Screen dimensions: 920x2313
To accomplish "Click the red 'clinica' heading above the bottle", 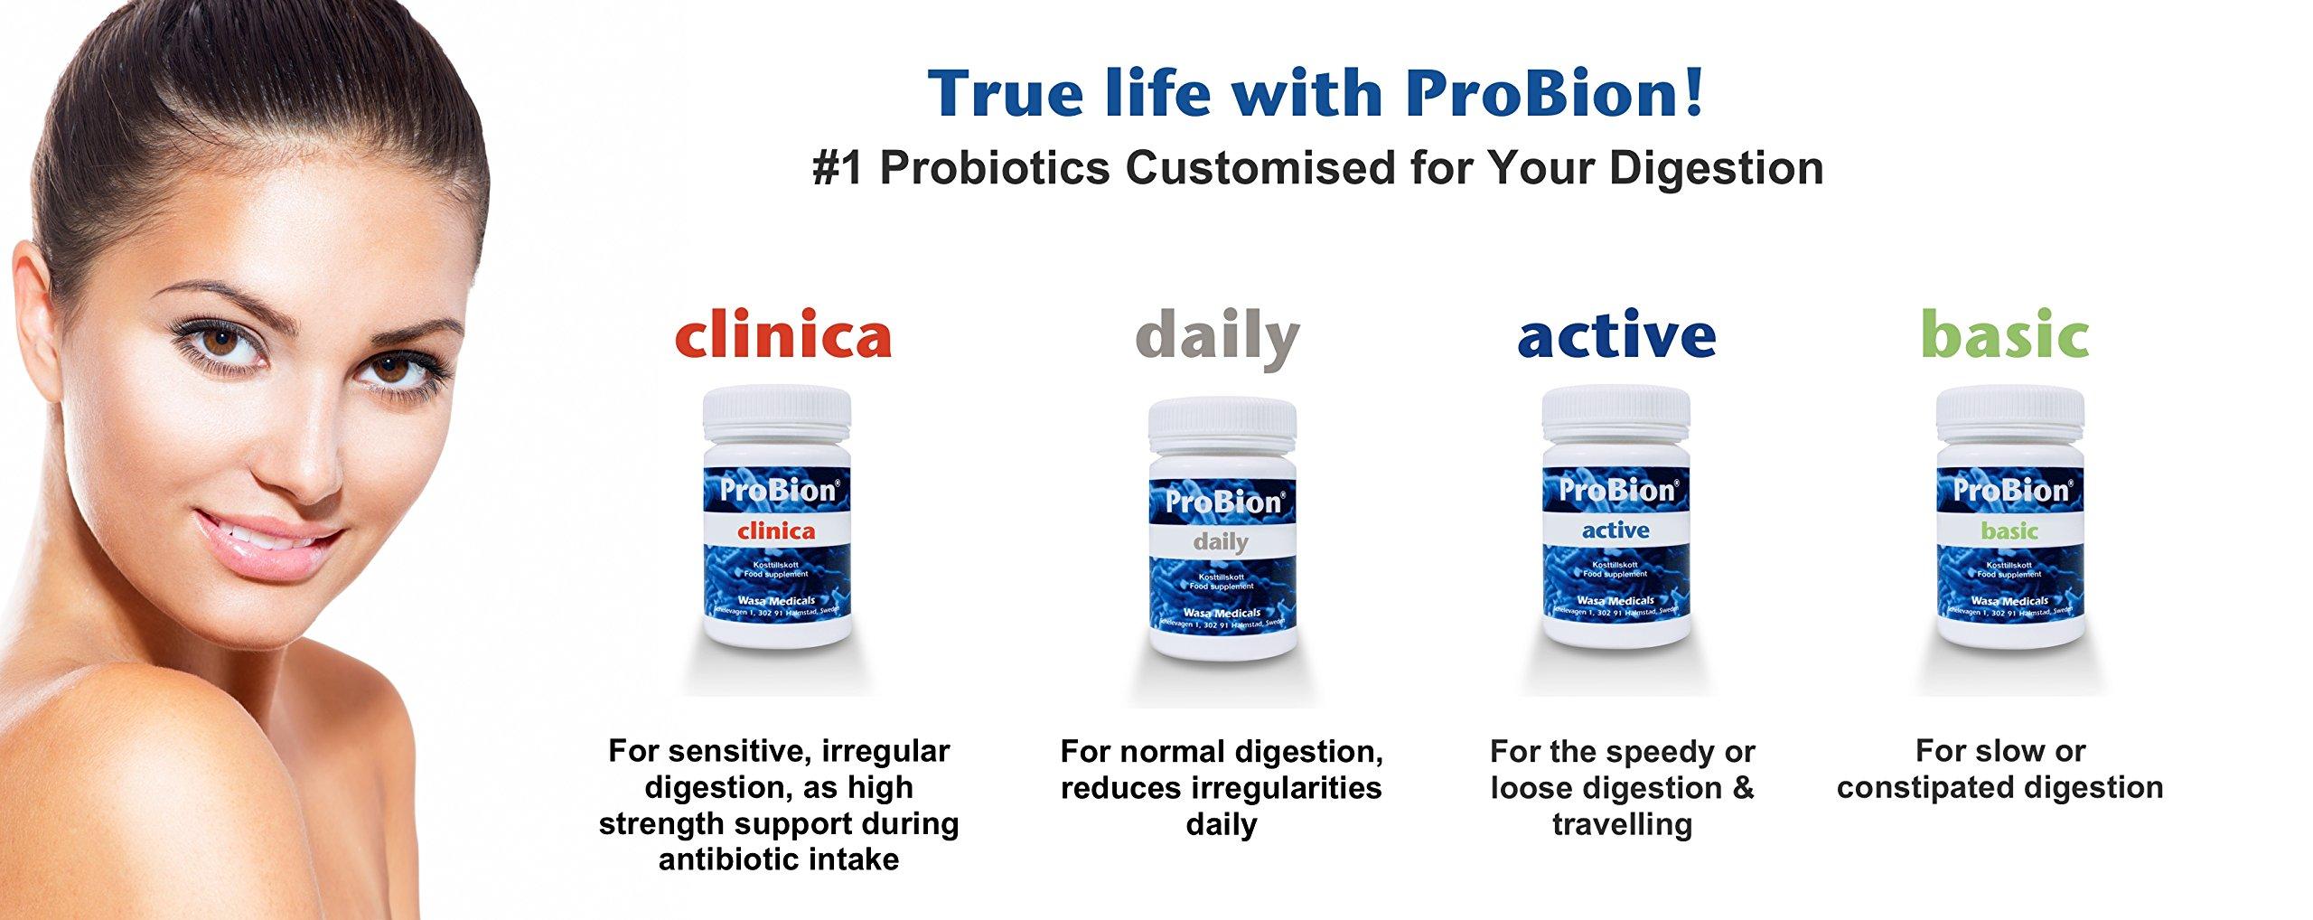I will click(x=782, y=336).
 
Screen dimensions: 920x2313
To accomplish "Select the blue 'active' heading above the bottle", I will click(x=1616, y=336).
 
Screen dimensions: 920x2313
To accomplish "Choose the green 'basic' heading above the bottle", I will click(x=2004, y=336).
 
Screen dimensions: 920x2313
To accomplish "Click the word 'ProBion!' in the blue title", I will click(x=1555, y=94).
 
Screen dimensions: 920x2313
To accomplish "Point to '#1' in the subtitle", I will click(x=838, y=169).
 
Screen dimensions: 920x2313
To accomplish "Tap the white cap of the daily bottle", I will click(x=1222, y=426).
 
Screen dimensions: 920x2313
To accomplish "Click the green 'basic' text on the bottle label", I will click(x=2009, y=531).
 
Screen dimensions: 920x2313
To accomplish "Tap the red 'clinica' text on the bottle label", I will click(x=776, y=531).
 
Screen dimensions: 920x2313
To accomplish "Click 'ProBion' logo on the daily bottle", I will click(x=1222, y=502).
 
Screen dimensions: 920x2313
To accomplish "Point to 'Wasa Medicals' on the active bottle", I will click(x=1615, y=600).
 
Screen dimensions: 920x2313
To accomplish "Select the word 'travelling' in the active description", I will click(x=1622, y=824).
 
